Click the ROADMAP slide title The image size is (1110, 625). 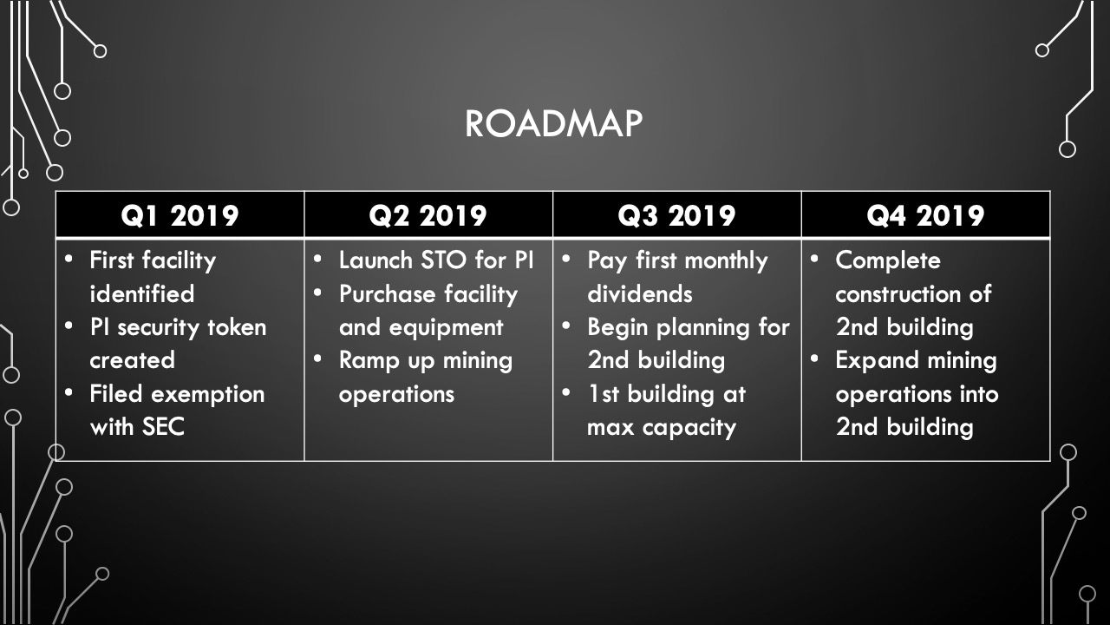pos(553,123)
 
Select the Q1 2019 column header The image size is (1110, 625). pos(180,216)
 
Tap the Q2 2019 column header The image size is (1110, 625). pos(428,216)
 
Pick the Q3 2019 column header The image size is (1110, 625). pos(676,216)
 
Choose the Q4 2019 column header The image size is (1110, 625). pos(925,216)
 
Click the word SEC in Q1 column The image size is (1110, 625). pos(163,427)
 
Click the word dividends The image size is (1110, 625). pos(639,293)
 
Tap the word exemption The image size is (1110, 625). pos(207,395)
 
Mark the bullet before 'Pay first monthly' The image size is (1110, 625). pos(566,259)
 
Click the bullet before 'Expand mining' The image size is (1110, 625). pos(814,359)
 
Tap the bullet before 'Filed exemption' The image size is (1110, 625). pos(69,392)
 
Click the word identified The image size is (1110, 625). pos(141,293)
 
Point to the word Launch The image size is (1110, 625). pos(375,260)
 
